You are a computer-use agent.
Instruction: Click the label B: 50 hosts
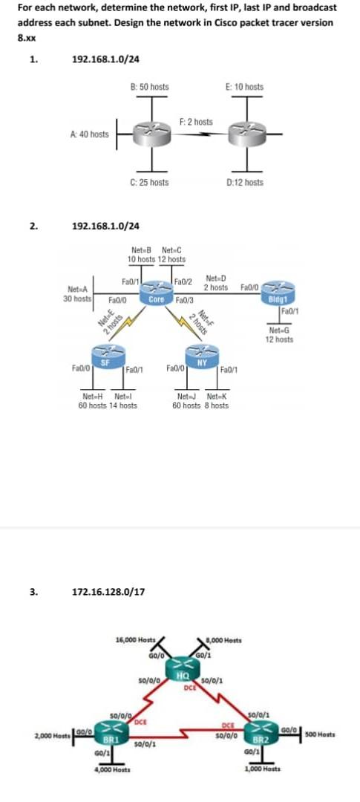149,87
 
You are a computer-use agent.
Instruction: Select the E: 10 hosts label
243,87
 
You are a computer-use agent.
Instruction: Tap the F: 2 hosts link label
196,121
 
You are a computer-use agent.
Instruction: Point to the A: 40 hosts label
89,134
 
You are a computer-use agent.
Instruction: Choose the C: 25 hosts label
148,182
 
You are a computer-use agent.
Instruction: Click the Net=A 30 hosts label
78,293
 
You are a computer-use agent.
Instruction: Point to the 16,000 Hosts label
136,640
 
